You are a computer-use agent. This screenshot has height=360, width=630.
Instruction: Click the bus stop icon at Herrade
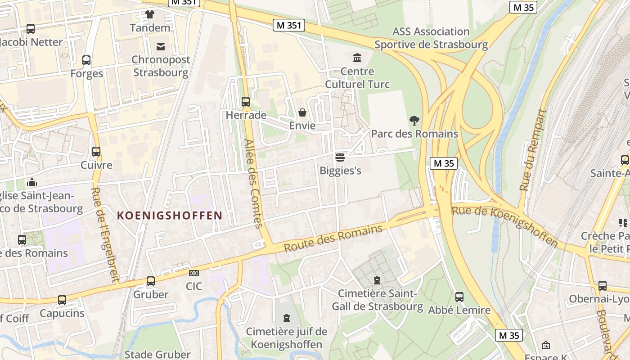pyautogui.click(x=245, y=102)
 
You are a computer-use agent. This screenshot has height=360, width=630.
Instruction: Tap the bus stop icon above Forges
pyautogui.click(x=86, y=60)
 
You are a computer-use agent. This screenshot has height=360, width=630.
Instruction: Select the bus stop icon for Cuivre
pyautogui.click(x=96, y=152)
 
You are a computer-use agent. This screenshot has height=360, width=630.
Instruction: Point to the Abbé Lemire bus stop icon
pyautogui.click(x=459, y=297)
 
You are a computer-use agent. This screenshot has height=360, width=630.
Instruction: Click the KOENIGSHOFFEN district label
pyautogui.click(x=170, y=216)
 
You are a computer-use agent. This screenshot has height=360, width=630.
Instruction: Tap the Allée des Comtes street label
pyautogui.click(x=252, y=183)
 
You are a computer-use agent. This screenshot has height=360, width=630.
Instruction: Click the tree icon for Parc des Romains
pyautogui.click(x=414, y=121)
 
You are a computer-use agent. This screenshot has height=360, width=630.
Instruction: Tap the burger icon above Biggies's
pyautogui.click(x=340, y=157)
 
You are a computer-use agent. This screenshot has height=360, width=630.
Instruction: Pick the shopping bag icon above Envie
pyautogui.click(x=302, y=112)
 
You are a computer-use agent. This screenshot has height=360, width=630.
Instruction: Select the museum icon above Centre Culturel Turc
pyautogui.click(x=357, y=58)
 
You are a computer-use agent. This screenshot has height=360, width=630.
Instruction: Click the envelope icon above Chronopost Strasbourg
pyautogui.click(x=161, y=46)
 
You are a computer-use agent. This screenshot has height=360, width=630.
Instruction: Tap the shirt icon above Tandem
pyautogui.click(x=150, y=14)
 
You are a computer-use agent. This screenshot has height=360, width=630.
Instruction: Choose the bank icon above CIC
pyautogui.click(x=194, y=273)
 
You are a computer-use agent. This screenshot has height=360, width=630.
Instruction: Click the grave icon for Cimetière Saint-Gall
pyautogui.click(x=377, y=280)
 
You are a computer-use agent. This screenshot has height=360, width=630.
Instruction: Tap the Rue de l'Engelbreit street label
pyautogui.click(x=104, y=234)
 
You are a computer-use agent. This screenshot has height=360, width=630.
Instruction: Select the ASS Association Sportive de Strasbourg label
pyautogui.click(x=431, y=38)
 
